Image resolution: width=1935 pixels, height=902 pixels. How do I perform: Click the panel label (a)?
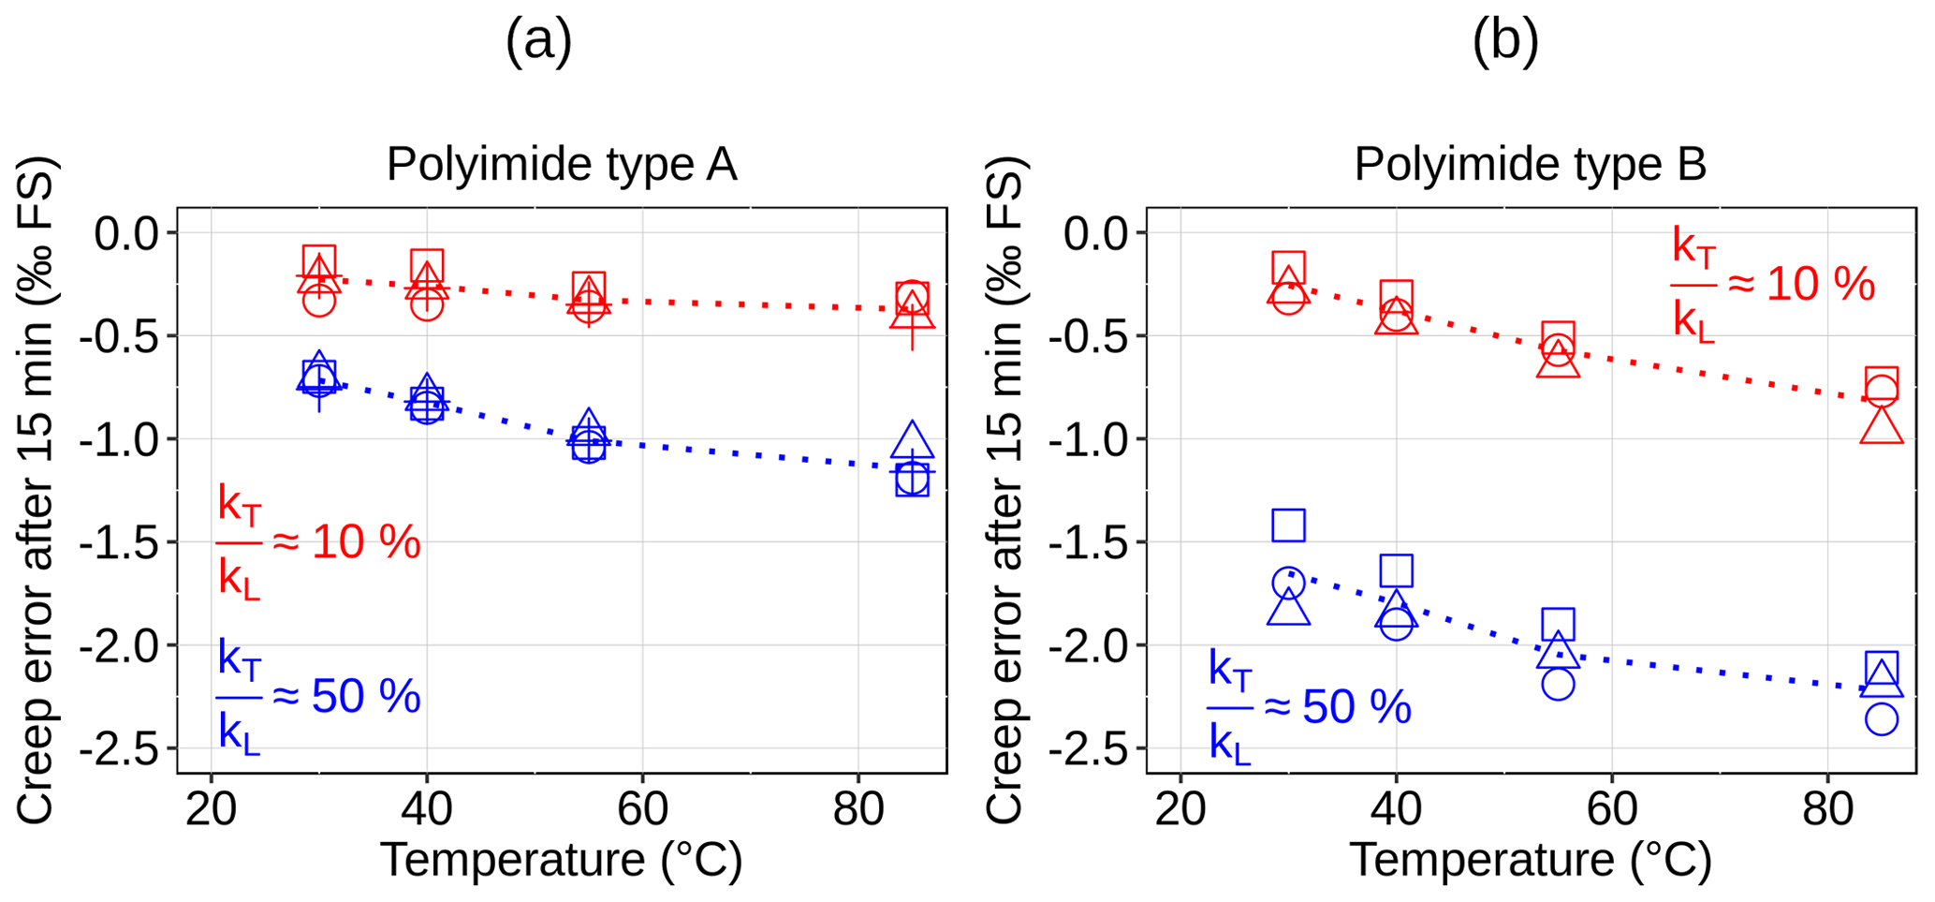click(538, 42)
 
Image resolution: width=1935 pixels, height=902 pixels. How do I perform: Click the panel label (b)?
click(1505, 42)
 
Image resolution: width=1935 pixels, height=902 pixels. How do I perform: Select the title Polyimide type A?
click(562, 165)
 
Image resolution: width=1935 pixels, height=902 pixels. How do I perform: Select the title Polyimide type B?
click(1530, 165)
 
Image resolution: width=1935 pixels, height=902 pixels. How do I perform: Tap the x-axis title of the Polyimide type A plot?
click(562, 860)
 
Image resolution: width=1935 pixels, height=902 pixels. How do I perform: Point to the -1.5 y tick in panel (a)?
click(124, 542)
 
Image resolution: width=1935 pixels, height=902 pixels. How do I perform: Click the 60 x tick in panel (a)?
click(642, 808)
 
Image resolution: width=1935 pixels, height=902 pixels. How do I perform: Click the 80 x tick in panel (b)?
click(1827, 808)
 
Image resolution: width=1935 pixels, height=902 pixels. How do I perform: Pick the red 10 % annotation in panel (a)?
click(318, 542)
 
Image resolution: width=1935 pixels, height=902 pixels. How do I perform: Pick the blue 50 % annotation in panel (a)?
click(318, 697)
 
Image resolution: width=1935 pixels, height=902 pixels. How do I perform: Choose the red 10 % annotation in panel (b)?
click(1773, 284)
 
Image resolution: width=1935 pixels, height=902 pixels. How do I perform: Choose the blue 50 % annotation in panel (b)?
click(1309, 707)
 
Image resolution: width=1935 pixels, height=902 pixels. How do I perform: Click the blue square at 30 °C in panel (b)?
click(1288, 525)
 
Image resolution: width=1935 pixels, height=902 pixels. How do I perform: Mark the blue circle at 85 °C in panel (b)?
click(1881, 719)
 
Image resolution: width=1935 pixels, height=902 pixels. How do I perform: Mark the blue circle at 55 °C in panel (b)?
click(1557, 684)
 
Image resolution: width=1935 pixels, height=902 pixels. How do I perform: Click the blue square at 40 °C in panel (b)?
click(1396, 570)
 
